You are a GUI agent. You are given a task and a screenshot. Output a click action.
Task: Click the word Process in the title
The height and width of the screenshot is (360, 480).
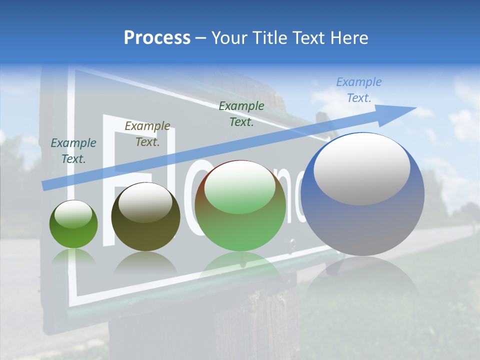pyautogui.click(x=157, y=38)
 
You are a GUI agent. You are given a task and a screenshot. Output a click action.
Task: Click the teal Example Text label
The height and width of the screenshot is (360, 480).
pyautogui.click(x=73, y=151)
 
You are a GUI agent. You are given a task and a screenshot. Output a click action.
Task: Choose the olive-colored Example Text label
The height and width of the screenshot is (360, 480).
pyautogui.click(x=147, y=133)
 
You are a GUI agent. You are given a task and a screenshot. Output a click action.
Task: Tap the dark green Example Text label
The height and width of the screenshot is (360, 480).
pyautogui.click(x=241, y=113)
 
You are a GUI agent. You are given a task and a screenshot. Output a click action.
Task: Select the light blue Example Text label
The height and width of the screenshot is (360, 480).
pyautogui.click(x=359, y=90)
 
